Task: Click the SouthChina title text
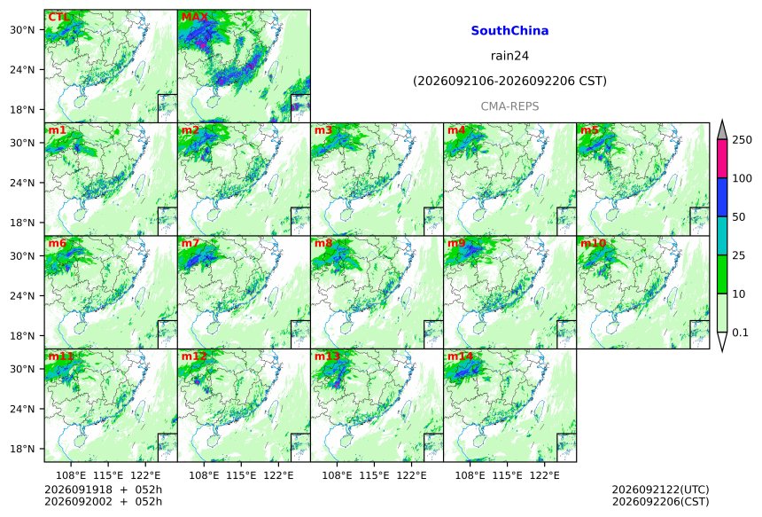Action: point(509,31)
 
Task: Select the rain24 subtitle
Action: point(509,56)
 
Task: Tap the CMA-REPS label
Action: point(509,106)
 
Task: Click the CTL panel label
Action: point(58,18)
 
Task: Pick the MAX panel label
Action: point(194,18)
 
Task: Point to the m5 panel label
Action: point(589,130)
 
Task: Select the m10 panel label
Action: point(593,243)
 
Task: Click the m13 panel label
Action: point(327,356)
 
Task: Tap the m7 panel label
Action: point(190,243)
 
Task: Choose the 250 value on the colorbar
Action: point(743,140)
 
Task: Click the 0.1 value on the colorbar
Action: point(740,333)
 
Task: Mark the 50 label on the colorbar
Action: point(739,217)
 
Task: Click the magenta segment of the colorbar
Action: point(722,159)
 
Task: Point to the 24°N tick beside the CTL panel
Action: point(22,69)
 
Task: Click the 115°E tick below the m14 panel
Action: point(508,475)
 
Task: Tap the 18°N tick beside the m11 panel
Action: point(22,449)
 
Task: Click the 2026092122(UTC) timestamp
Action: point(660,490)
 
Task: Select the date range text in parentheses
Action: point(509,81)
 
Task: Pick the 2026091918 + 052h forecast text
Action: point(103,490)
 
